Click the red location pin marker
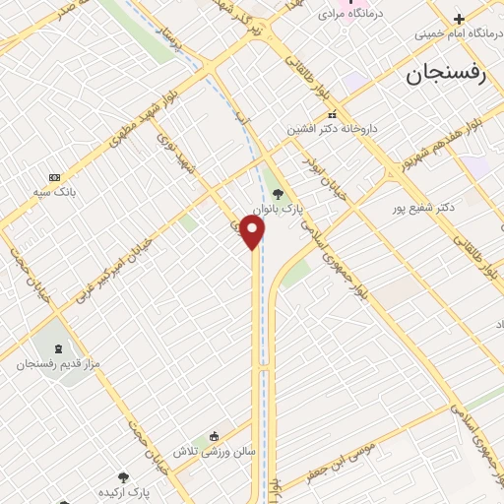click(253, 232)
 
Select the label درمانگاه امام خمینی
click(457, 32)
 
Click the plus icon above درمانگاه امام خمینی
click(458, 18)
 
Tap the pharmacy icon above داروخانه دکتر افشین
click(332, 114)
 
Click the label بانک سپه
click(54, 191)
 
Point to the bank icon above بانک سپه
click(54, 176)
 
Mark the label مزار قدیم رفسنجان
click(54, 364)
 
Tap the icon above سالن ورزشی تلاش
click(214, 436)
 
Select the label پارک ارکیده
click(122, 490)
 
